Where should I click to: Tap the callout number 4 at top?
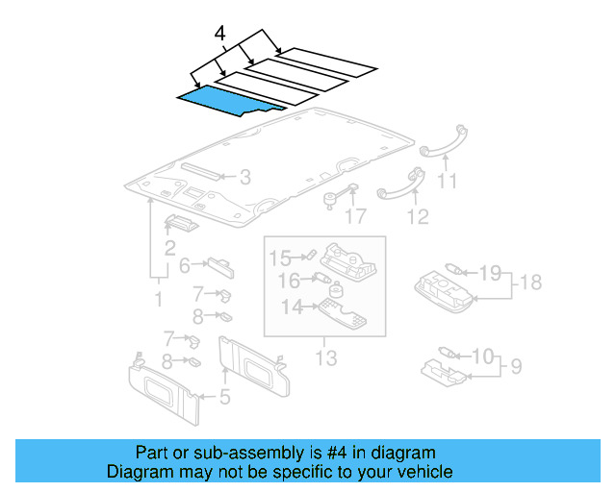[220, 34]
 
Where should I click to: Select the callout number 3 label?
[245, 177]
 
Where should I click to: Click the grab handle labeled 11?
[442, 141]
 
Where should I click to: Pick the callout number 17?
[356, 217]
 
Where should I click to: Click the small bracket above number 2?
[181, 224]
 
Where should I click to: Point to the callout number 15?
[279, 258]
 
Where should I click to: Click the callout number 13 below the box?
[326, 358]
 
